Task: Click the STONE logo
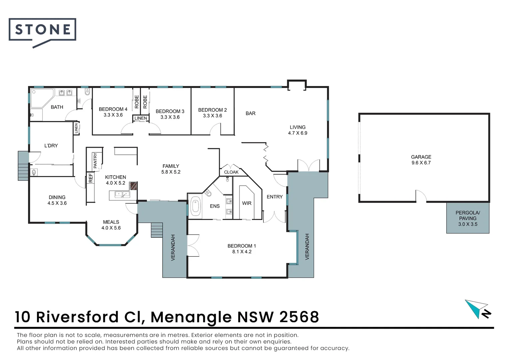[42, 30]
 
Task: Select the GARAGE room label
[421, 157]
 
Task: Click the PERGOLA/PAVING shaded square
[468, 218]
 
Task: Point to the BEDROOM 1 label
[242, 246]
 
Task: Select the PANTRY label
[95, 160]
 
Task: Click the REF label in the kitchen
[91, 178]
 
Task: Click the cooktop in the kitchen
[133, 186]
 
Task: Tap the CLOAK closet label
[231, 172]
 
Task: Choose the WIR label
[247, 203]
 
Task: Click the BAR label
[251, 113]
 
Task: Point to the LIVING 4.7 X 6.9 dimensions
[297, 133]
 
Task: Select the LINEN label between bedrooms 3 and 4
[141, 118]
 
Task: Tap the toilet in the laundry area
[34, 172]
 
